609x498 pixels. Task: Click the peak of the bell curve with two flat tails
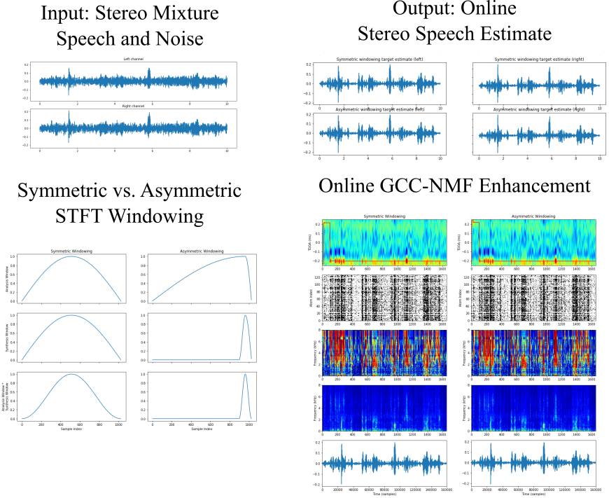[71, 375]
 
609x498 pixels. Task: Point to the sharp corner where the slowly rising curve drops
[246, 256]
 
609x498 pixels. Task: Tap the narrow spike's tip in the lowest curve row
[245, 375]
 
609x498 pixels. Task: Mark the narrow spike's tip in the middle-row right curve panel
[245, 316]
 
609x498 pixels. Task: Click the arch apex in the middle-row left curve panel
[71, 315]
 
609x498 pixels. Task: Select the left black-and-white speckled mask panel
[384, 298]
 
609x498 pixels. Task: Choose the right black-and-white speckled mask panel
[533, 298]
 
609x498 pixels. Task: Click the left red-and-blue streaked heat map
[384, 353]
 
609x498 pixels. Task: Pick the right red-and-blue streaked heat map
[533, 353]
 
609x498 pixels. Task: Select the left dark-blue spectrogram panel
[384, 408]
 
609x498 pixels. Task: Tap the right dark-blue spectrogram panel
[533, 408]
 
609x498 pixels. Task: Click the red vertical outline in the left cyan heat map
[324, 242]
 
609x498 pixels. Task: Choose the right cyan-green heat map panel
[533, 242]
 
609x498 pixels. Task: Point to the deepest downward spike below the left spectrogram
[342, 483]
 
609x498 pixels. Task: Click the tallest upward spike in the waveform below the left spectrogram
[394, 443]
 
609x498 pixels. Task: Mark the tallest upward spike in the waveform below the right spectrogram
[543, 443]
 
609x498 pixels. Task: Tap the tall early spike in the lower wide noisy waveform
[69, 111]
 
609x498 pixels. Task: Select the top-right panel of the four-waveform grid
[539, 83]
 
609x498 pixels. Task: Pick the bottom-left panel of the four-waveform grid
[379, 134]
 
